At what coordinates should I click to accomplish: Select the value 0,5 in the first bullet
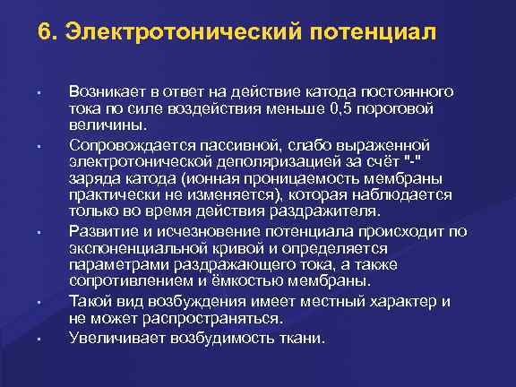click(x=343, y=108)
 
